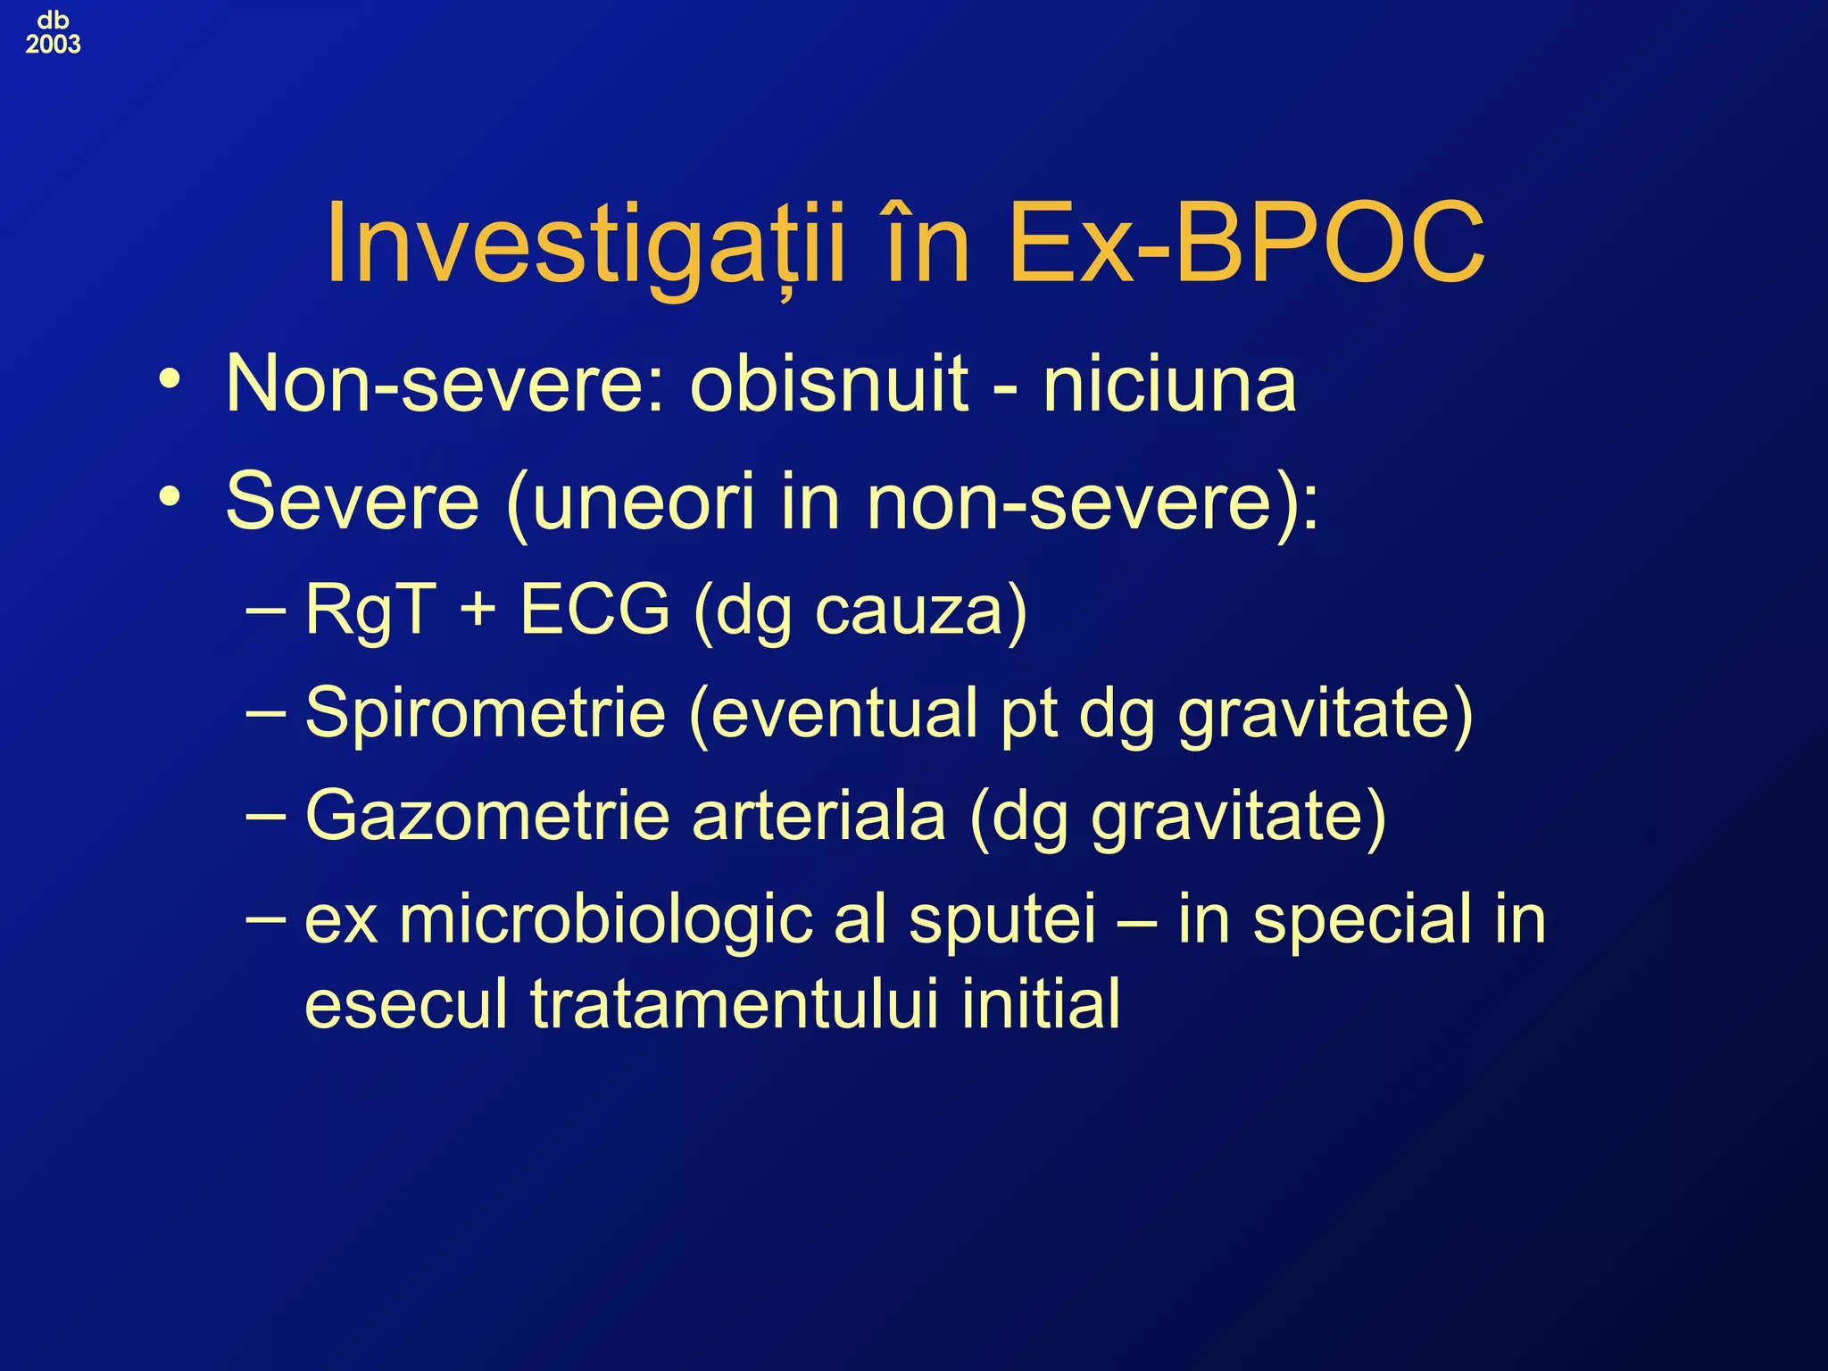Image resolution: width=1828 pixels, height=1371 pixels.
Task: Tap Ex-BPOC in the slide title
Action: pos(1246,244)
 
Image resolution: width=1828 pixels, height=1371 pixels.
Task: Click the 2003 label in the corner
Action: pos(53,44)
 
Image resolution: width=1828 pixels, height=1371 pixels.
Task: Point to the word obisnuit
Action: pos(829,384)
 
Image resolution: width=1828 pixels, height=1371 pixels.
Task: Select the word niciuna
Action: pos(1169,384)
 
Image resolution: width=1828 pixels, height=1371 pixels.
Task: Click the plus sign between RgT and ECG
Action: pos(478,611)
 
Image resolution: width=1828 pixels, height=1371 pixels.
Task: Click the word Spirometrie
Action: pos(486,714)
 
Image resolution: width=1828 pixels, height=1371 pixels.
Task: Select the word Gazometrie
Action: pos(487,816)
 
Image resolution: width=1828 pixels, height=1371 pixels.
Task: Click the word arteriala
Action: pos(818,816)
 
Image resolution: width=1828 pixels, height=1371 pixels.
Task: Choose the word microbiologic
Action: pos(606,920)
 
